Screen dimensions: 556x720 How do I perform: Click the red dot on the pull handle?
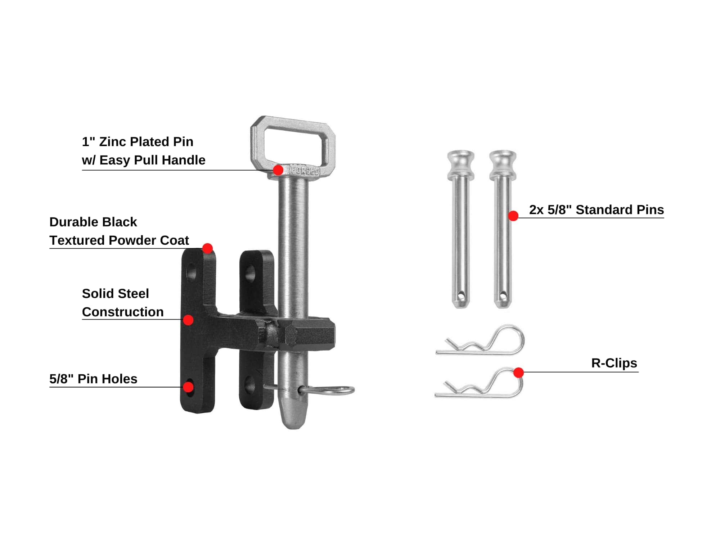(278, 170)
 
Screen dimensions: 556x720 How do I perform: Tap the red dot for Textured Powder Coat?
(207, 248)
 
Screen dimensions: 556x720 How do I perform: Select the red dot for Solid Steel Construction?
(188, 320)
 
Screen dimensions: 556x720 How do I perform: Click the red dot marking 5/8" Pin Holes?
(188, 387)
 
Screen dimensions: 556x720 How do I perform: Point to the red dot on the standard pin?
(513, 216)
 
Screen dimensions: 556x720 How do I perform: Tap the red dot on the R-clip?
(518, 372)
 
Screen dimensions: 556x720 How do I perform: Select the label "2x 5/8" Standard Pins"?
(596, 210)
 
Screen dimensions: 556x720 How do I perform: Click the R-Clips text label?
(614, 363)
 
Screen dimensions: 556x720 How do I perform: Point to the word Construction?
(123, 312)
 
